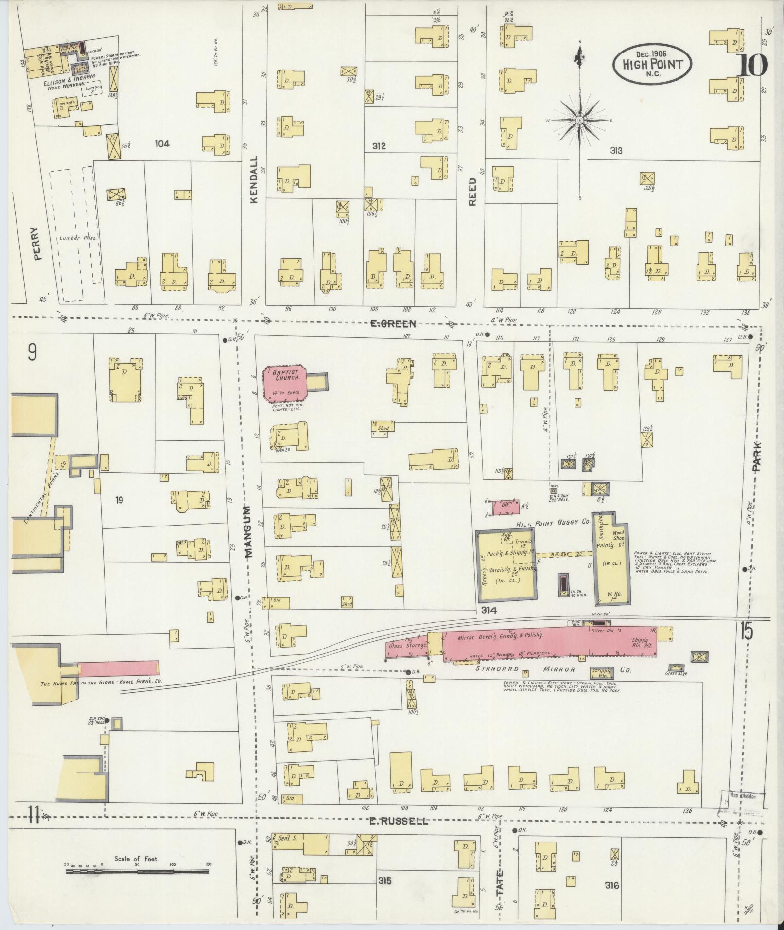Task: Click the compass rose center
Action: click(579, 120)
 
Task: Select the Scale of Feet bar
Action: click(138, 872)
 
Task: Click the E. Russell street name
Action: click(398, 821)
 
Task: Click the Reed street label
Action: click(473, 192)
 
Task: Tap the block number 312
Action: click(379, 146)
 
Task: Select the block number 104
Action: click(162, 143)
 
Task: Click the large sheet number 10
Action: click(751, 66)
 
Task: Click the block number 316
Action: click(612, 885)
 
